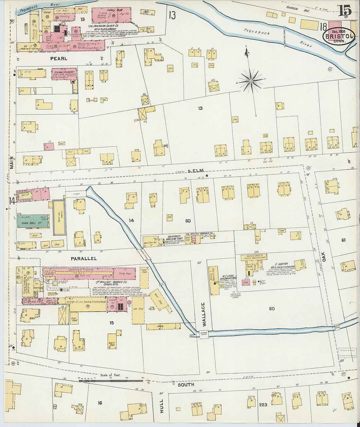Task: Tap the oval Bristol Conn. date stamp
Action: (x=339, y=36)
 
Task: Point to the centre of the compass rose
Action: (x=251, y=80)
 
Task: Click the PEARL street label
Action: (x=59, y=59)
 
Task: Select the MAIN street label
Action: (x=12, y=162)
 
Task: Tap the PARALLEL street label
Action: (x=84, y=258)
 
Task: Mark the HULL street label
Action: (x=161, y=406)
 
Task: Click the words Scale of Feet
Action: (x=110, y=375)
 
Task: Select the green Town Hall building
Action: (x=33, y=222)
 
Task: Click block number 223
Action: (x=263, y=405)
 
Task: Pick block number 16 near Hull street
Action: (x=100, y=403)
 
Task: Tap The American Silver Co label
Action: (x=103, y=26)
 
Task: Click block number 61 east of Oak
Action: (x=343, y=240)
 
